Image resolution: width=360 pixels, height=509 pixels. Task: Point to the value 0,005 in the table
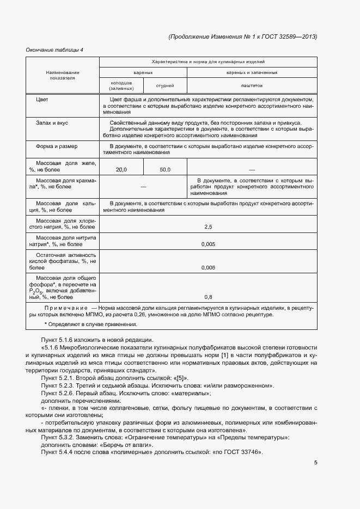[208, 244]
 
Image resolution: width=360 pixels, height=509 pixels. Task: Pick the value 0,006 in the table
[208, 267]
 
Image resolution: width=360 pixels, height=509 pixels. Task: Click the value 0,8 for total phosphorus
[208, 297]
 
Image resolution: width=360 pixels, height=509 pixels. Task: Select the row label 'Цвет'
[42, 100]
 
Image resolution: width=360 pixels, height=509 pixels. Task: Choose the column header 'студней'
[165, 85]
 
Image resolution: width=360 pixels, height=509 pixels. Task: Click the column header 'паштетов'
[252, 85]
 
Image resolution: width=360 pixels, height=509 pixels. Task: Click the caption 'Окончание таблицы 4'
[54, 50]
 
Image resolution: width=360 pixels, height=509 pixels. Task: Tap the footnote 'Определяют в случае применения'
[91, 324]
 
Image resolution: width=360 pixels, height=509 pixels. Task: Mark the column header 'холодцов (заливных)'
[121, 85]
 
